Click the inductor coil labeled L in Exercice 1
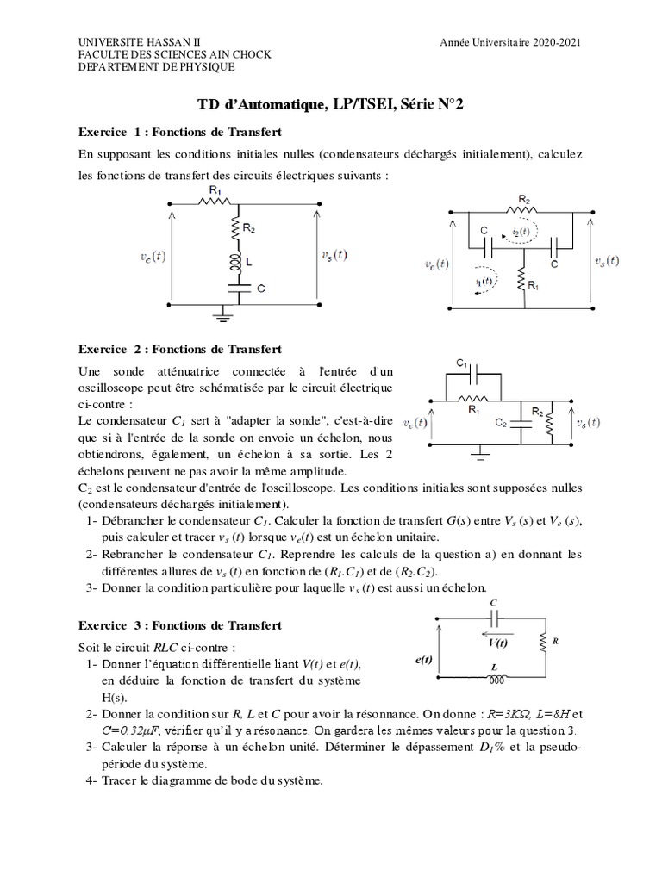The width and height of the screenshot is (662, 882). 234,259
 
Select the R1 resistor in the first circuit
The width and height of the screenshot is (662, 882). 210,202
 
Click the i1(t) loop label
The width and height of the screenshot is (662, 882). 484,280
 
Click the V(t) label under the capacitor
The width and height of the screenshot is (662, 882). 497,642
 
